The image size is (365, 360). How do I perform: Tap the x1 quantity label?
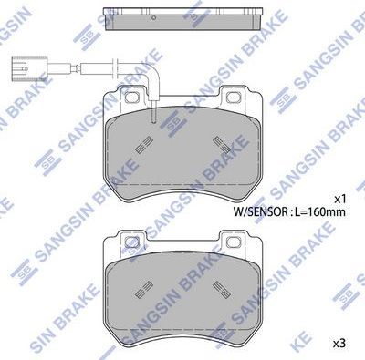(x=339, y=198)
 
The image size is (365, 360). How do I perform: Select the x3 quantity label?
(x=339, y=343)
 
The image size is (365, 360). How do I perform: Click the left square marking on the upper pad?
(x=141, y=143)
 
